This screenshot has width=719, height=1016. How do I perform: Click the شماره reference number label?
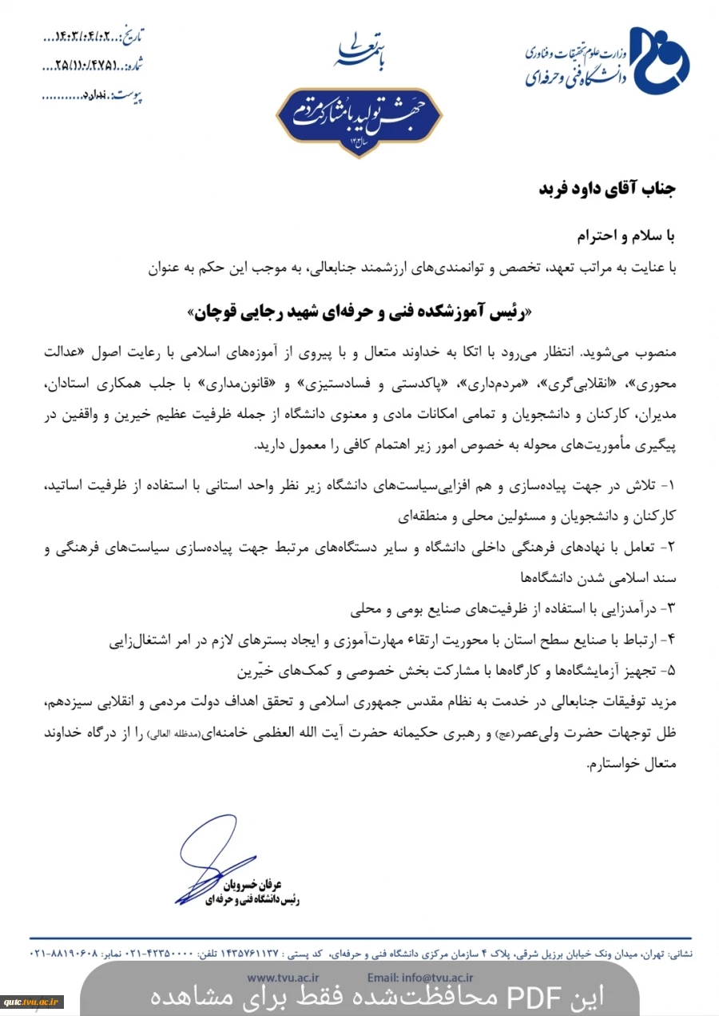(134, 66)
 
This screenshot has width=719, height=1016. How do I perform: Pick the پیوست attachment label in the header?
(128, 95)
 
